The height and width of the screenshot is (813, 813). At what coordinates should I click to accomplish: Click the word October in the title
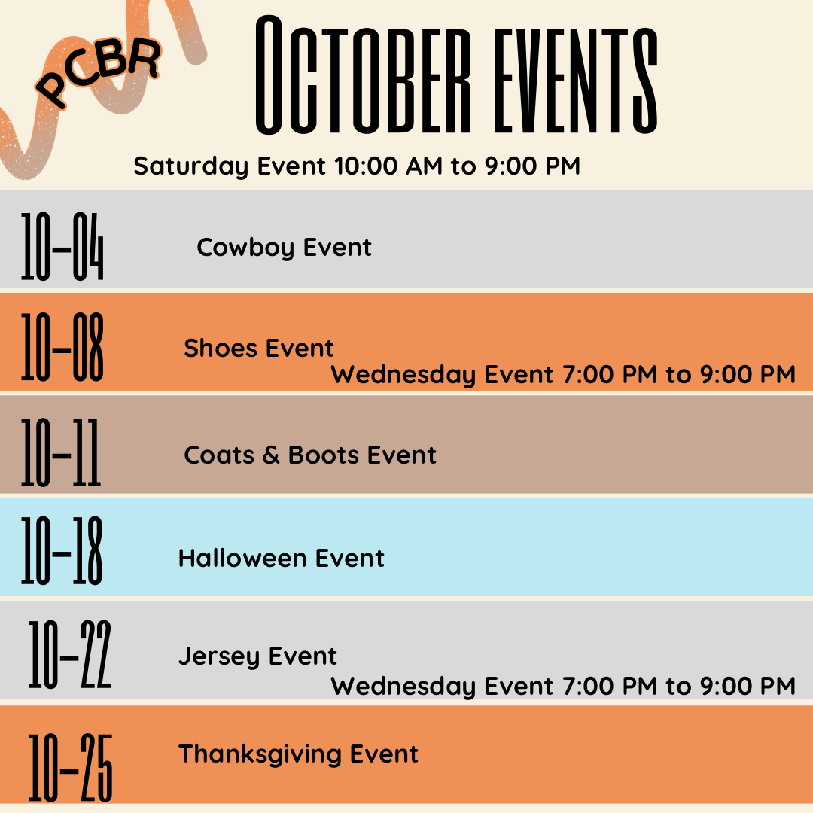click(364, 75)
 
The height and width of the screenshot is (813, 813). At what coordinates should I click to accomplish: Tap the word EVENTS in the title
click(576, 80)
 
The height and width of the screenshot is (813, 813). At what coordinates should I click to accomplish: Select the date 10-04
click(62, 247)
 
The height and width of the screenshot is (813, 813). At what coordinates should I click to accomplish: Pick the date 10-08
click(62, 347)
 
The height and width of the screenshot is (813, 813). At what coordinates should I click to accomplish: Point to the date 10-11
click(61, 452)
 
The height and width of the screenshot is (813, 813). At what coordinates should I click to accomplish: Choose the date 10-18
click(62, 550)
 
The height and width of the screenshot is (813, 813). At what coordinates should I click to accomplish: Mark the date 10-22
click(69, 654)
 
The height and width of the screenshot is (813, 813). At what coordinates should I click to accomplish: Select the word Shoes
click(221, 348)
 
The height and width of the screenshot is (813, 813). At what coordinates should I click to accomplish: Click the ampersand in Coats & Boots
click(271, 455)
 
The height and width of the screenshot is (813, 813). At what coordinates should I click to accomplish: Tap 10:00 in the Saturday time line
click(366, 166)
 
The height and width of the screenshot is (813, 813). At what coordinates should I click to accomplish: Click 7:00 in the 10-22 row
click(588, 686)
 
